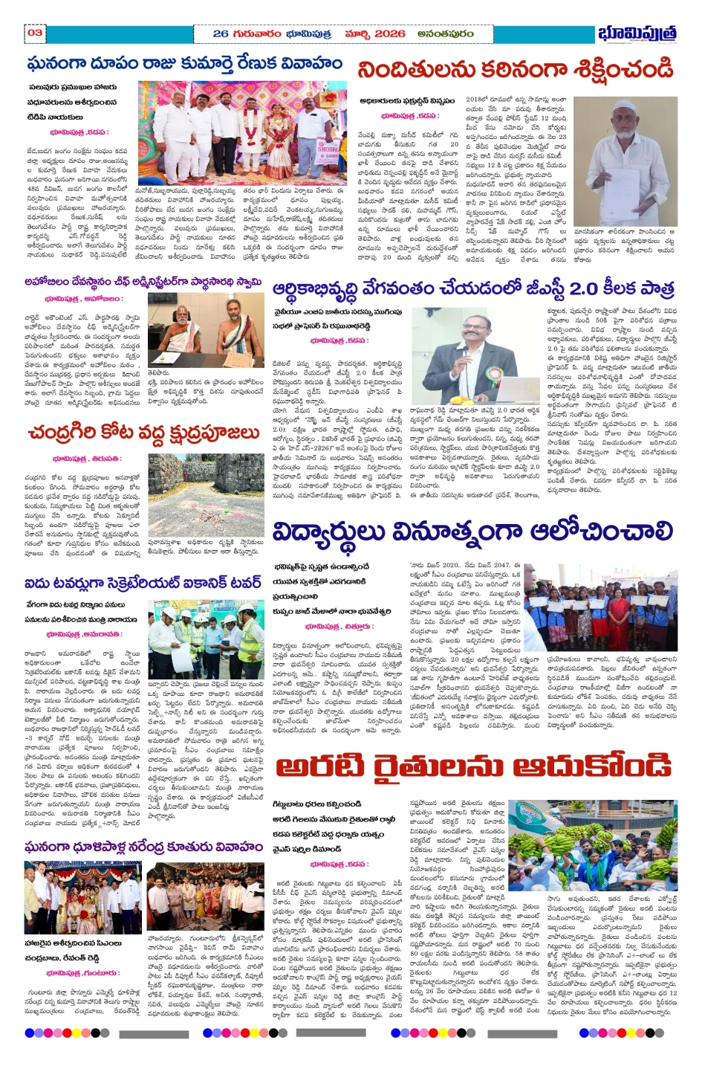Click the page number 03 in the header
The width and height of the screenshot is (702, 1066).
point(35,32)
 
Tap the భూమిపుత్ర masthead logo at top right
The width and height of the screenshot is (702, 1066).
point(637,33)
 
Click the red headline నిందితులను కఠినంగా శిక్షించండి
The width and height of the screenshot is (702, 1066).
point(515,71)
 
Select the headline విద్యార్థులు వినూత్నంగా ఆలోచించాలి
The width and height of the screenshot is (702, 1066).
point(472,532)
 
